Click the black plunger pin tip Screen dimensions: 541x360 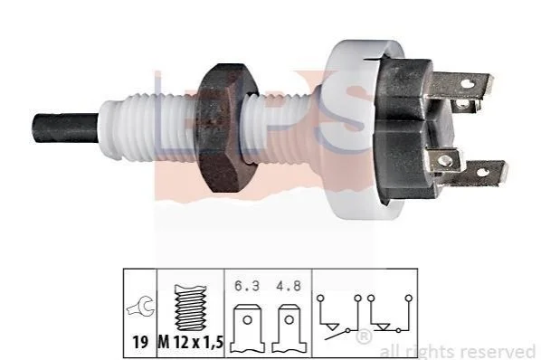(x=65, y=128)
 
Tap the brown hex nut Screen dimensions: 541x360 (x=226, y=128)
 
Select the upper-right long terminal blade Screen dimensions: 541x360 (x=462, y=84)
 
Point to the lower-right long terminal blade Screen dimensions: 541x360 (x=477, y=174)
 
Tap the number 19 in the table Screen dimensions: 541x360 (x=140, y=343)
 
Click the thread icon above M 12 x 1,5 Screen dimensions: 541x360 (x=191, y=308)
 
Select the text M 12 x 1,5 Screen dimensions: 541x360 (x=191, y=343)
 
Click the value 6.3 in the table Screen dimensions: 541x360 (x=247, y=286)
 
